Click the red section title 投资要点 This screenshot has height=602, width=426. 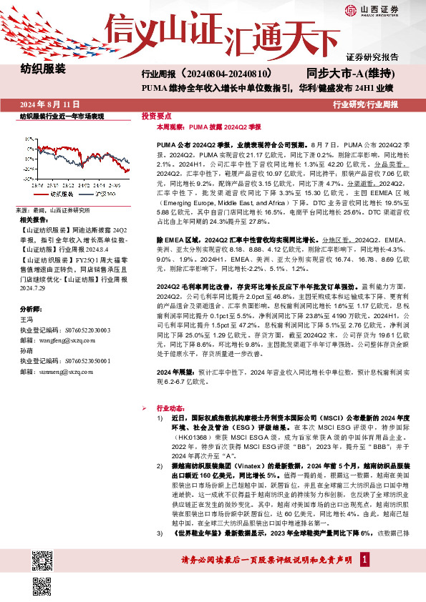click(x=155, y=115)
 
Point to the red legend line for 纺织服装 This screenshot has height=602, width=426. click(x=39, y=194)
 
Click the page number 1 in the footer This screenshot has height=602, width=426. click(x=365, y=578)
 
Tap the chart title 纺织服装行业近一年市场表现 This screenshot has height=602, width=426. click(x=62, y=116)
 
